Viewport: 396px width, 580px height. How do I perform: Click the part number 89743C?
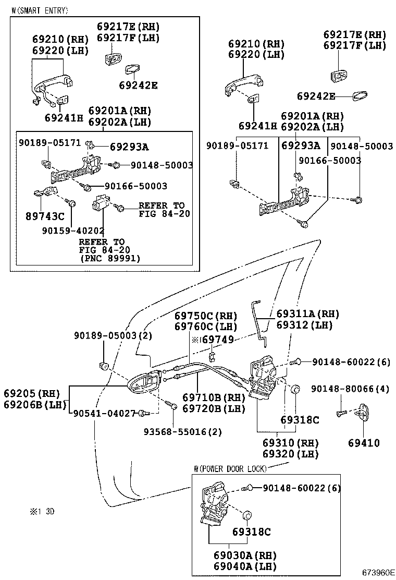tap(44, 216)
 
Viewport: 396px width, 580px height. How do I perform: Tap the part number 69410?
tap(364, 443)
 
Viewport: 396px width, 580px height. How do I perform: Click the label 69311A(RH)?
tap(307, 314)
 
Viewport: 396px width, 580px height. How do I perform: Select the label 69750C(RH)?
tap(206, 316)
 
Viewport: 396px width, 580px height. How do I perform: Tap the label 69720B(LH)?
tap(214, 408)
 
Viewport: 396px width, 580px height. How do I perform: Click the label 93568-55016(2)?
tap(183, 432)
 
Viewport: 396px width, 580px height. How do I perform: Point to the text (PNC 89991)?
tap(110, 258)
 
